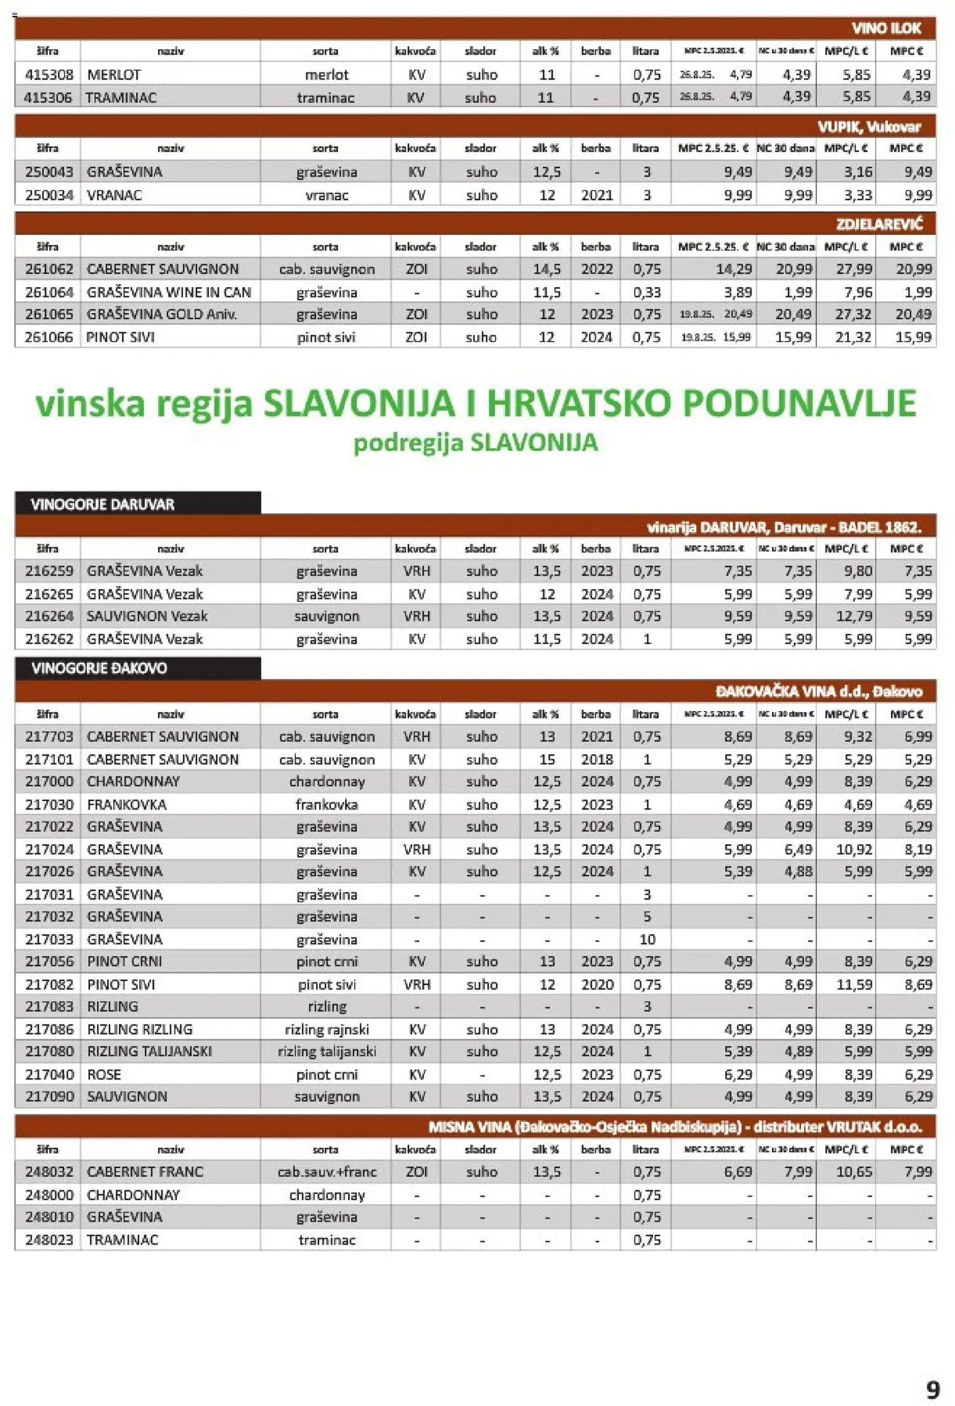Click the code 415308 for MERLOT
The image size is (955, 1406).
pos(49,75)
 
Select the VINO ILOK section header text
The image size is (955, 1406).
pos(885,28)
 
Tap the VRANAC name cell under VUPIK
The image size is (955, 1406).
pos(115,195)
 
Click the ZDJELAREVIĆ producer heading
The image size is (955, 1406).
pos(879,224)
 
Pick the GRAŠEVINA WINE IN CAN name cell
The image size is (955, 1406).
pos(169,292)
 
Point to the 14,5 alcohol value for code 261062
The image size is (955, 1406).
pos(547,269)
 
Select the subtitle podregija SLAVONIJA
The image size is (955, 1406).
pos(475,442)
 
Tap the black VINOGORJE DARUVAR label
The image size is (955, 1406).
pos(103,504)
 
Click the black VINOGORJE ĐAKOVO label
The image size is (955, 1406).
pos(99,668)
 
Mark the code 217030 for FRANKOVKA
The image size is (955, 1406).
pos(49,805)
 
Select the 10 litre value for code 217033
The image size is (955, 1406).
pos(646,940)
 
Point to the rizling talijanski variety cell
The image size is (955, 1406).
pos(326,1052)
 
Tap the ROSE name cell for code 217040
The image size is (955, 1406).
pos(104,1075)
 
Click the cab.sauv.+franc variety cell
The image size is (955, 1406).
pos(326,1172)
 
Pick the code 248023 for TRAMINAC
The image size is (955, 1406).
pos(49,1240)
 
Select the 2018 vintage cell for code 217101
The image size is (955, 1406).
pos(596,760)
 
